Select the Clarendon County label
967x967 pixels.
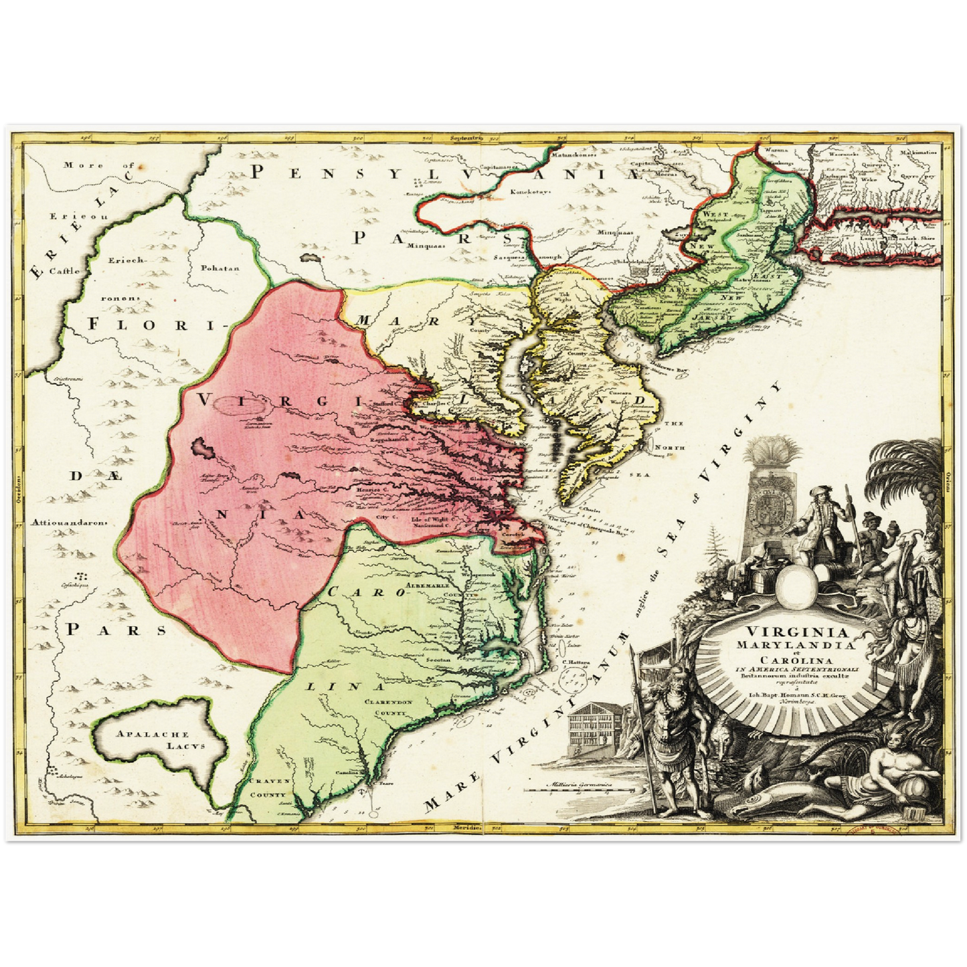(x=388, y=707)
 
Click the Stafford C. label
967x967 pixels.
(x=390, y=404)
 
